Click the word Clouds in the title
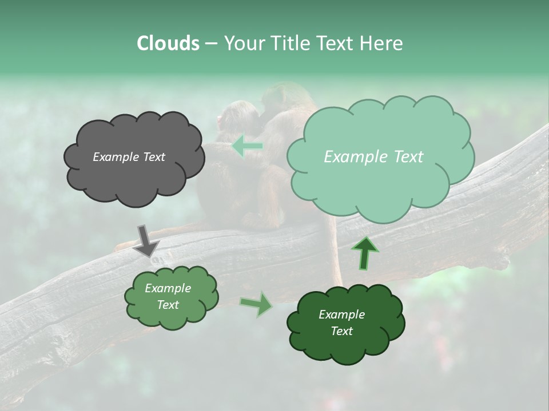pos(168,43)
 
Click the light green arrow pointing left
pos(247,146)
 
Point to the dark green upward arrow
pos(365,253)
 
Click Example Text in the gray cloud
pos(129,157)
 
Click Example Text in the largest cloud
pos(373,157)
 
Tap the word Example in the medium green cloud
pos(168,288)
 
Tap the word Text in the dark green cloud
pos(341,331)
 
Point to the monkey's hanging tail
pos(334,251)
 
